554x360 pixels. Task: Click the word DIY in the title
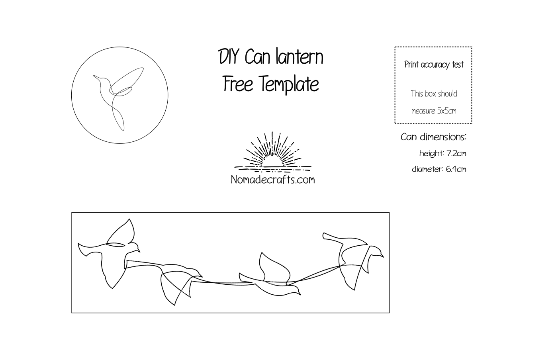tap(229, 57)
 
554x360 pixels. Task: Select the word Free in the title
tap(238, 84)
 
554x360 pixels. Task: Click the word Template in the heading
tap(290, 84)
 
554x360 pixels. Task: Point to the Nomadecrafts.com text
tap(273, 180)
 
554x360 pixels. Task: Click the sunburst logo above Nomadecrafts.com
tap(273, 152)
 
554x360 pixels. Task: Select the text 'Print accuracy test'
tap(434, 65)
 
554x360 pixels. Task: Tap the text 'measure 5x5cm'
tap(434, 111)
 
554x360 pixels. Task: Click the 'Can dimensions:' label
tap(434, 137)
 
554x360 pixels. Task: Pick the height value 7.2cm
tap(456, 153)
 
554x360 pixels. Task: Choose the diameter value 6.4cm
tap(456, 169)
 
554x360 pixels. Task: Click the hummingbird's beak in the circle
tap(97, 77)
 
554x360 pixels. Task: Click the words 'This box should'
tap(434, 94)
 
